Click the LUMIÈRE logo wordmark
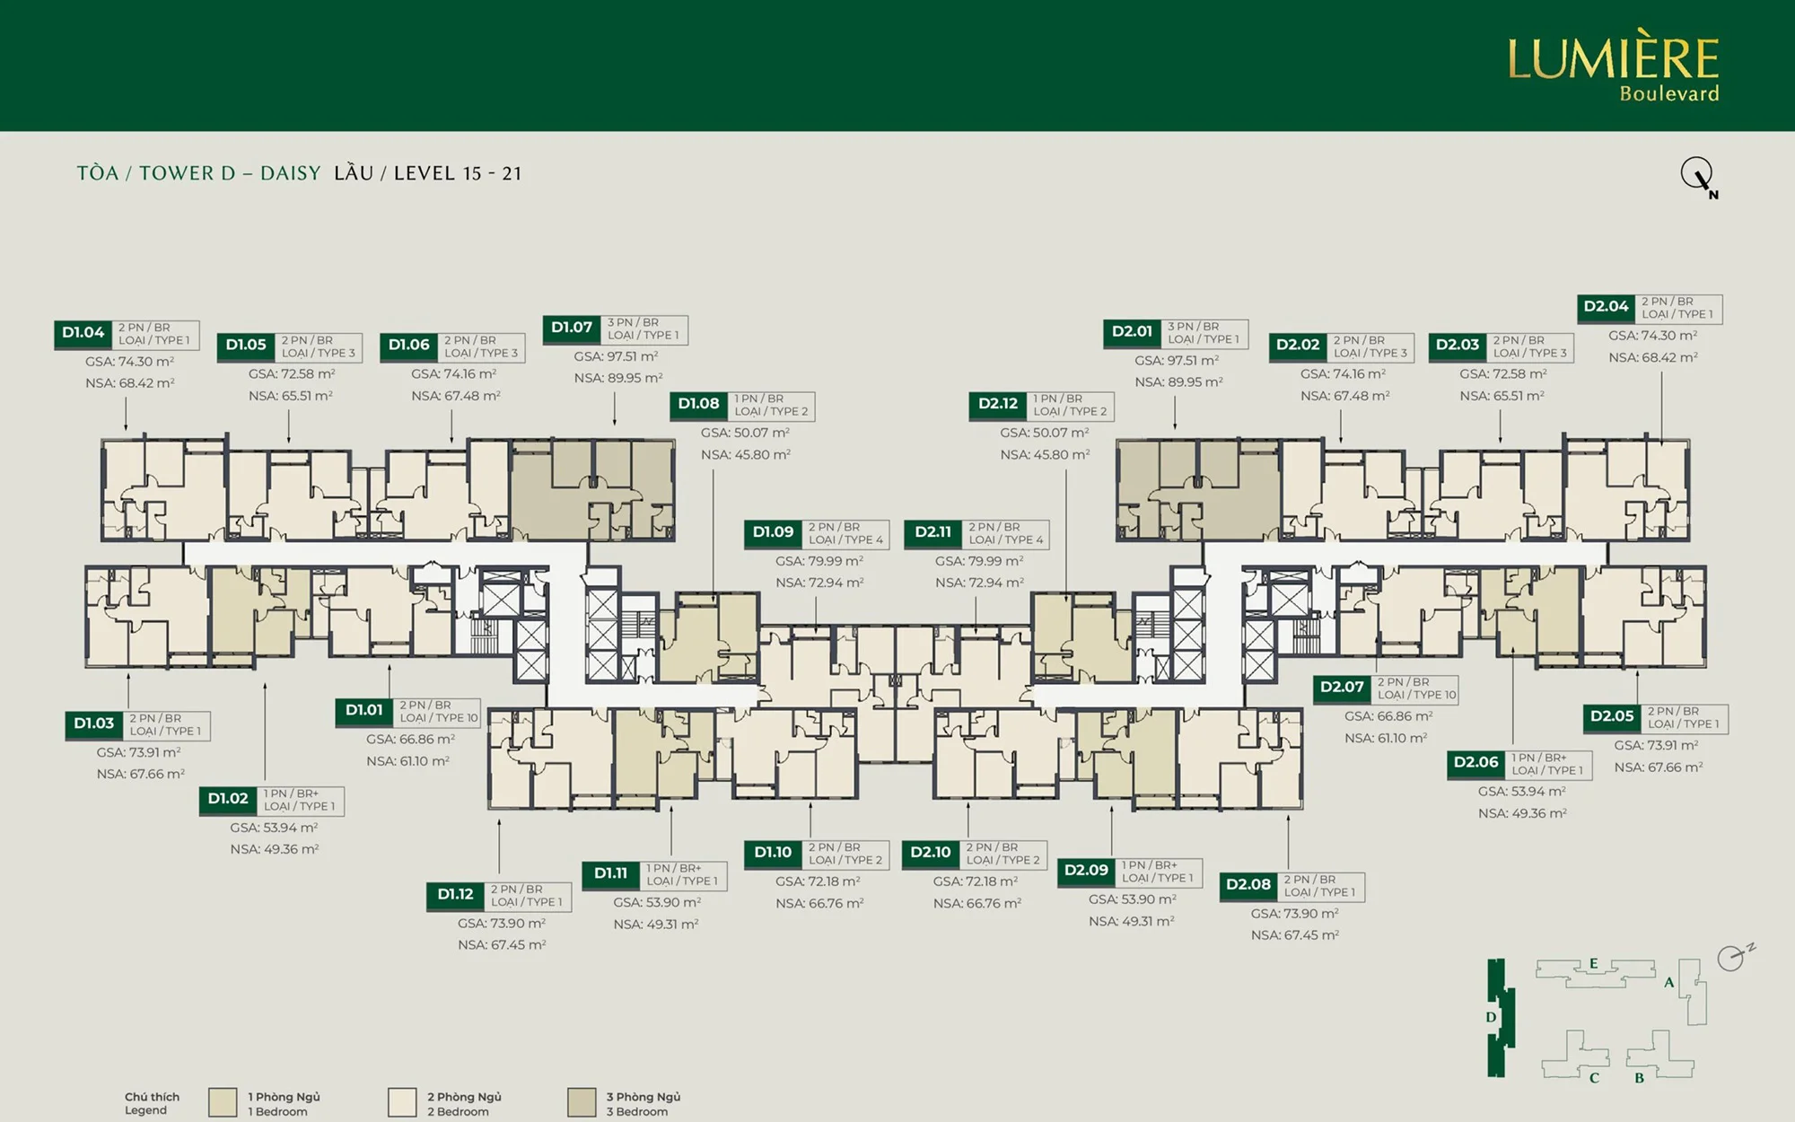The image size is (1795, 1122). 1613,58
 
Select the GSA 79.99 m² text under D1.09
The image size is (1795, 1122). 819,561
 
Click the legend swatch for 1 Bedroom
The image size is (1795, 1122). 223,1102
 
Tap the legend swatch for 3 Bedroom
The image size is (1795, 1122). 582,1102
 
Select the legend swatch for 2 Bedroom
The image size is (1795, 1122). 402,1102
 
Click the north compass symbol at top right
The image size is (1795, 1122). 1698,176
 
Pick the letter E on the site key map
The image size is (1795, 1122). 1594,964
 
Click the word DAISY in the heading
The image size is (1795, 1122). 290,173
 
